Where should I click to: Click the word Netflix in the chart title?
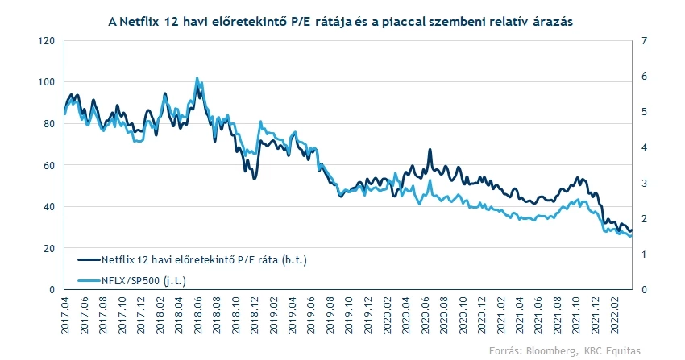(139, 22)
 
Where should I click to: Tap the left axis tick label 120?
(46, 41)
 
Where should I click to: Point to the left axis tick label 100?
(46, 82)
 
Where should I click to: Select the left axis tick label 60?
(49, 165)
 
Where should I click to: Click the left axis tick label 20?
(49, 248)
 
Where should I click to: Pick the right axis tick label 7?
(644, 41)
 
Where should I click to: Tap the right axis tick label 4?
(644, 147)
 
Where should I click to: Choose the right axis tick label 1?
(644, 254)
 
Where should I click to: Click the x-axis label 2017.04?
(65, 316)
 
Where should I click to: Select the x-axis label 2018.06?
(197, 316)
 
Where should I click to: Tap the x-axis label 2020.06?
(425, 316)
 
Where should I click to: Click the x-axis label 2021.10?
(576, 316)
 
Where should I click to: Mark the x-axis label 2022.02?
(614, 316)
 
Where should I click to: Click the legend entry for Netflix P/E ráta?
(193, 260)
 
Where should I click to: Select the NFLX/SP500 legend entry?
(132, 280)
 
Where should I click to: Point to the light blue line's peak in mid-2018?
(197, 78)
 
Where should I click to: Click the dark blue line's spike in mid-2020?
(430, 150)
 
